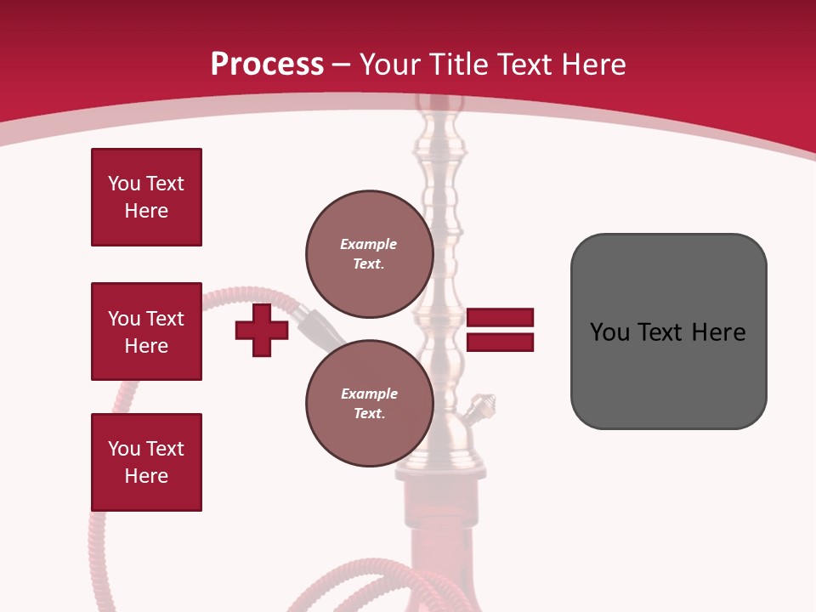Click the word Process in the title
pos(267,65)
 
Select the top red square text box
pos(146,197)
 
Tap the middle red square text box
pos(146,331)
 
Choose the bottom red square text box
pos(146,462)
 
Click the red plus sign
pos(262,331)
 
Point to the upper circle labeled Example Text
pos(369,253)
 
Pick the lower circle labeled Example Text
pos(369,403)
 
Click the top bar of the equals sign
pos(500,318)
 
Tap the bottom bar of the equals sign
pos(500,342)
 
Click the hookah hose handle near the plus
pos(319,326)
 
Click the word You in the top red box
pos(124,184)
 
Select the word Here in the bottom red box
pos(146,476)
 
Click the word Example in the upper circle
pos(368,244)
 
